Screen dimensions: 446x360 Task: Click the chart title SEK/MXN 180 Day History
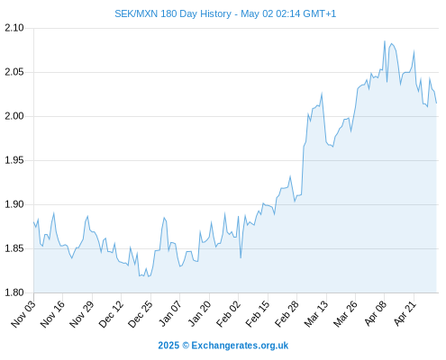pos(173,13)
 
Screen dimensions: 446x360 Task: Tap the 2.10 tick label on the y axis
pos(14,28)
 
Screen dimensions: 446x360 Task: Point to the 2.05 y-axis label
pos(14,72)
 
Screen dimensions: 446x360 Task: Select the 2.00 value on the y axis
pos(14,116)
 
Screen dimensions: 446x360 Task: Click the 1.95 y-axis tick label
pos(14,160)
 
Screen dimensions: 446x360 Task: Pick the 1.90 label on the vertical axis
pos(14,204)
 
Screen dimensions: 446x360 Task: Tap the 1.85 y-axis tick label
pos(14,248)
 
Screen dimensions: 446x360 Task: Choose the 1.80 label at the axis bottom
pos(14,292)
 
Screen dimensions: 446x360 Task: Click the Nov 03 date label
pos(23,314)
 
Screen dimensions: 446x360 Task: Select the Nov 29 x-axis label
pos(82,314)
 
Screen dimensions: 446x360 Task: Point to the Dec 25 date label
pos(141,314)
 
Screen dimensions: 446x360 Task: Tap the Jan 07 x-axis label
pos(170,313)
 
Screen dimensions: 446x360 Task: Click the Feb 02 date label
pos(229,314)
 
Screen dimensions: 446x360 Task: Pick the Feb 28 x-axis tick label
pos(287,314)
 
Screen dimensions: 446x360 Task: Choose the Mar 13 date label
pos(316,314)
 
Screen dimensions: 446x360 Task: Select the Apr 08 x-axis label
pos(375,313)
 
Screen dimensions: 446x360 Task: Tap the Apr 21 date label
pos(405,313)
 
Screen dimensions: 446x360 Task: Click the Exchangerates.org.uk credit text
pos(240,346)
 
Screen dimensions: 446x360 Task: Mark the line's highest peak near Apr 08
pos(385,41)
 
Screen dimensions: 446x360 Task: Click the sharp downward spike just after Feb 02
pos(241,257)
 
